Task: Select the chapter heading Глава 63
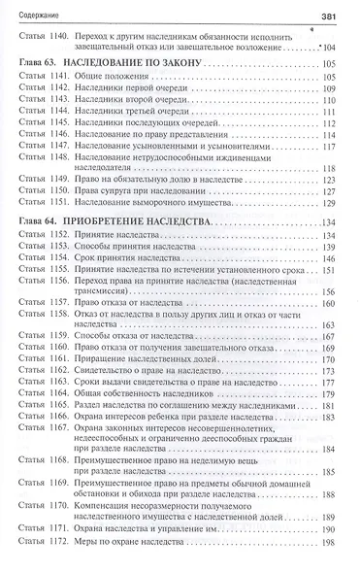click(42, 88)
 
